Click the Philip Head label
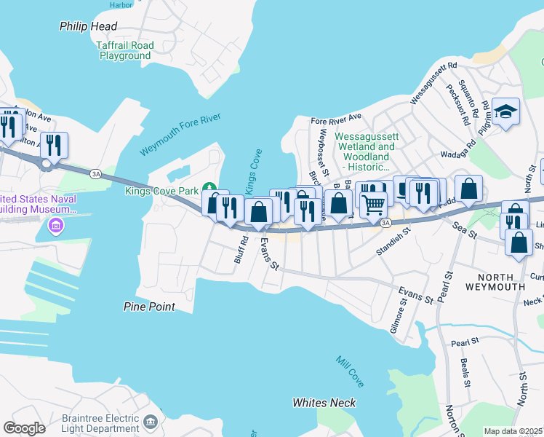coord(88,26)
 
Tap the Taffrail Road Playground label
coord(125,50)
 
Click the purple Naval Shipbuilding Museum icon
coord(55,227)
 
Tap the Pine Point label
coord(149,307)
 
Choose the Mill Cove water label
coord(350,371)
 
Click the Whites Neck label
coord(324,403)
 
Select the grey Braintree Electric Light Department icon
coord(150,422)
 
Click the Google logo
coord(24,428)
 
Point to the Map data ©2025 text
coord(513,431)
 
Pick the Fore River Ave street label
coord(336,117)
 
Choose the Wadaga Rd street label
coord(458,155)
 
